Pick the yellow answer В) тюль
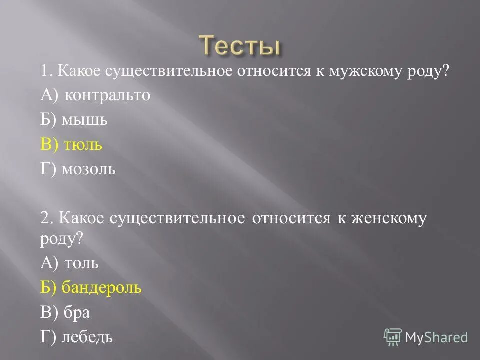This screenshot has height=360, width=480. (x=71, y=145)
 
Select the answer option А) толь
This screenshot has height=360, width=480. (x=69, y=262)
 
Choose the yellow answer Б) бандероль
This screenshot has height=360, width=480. (x=91, y=287)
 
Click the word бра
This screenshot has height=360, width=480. (x=77, y=312)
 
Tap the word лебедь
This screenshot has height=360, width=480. (x=87, y=337)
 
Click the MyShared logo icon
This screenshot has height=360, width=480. (x=393, y=337)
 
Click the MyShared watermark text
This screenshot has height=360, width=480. (x=436, y=337)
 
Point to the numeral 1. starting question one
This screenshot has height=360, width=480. (x=47, y=71)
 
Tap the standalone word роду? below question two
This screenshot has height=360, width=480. (x=61, y=239)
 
